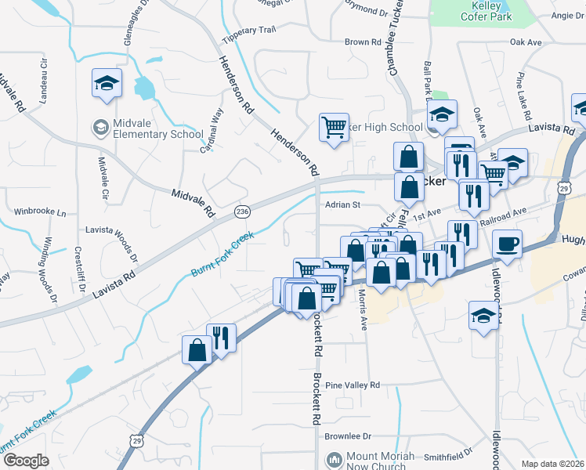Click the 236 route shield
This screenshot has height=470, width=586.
click(243, 211)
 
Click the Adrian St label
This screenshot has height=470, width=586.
click(342, 204)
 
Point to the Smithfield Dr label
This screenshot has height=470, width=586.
click(448, 455)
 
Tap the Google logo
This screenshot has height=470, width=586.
click(25, 460)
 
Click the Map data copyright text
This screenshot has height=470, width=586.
click(553, 464)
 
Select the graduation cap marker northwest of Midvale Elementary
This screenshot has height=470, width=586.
click(106, 84)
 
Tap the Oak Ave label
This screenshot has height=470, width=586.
click(526, 42)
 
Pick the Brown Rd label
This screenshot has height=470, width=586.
click(362, 42)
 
